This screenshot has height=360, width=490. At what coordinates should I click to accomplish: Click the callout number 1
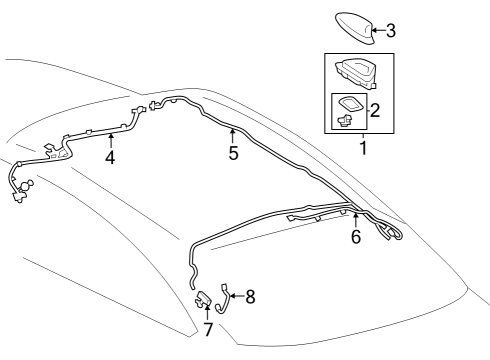point(362,149)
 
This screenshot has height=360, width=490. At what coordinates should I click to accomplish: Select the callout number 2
point(374,110)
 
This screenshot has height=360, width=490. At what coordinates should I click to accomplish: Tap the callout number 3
point(390,30)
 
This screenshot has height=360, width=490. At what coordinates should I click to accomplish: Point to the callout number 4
point(110,157)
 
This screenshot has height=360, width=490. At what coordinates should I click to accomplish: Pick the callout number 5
point(233,155)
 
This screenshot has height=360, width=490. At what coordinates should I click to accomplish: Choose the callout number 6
point(355,237)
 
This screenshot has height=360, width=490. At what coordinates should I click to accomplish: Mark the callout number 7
point(207,328)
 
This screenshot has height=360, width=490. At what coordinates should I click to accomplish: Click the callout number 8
point(250,296)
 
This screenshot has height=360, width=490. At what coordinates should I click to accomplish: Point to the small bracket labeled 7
point(203,297)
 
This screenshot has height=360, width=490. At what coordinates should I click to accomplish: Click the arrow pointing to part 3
point(378,30)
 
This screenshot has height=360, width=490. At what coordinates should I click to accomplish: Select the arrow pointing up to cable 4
point(110,141)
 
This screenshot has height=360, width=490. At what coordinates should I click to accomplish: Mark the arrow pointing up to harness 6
point(355,220)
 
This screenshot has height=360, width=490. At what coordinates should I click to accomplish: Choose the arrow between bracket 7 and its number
point(207,313)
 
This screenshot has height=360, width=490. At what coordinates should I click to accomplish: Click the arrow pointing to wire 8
point(238,296)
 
